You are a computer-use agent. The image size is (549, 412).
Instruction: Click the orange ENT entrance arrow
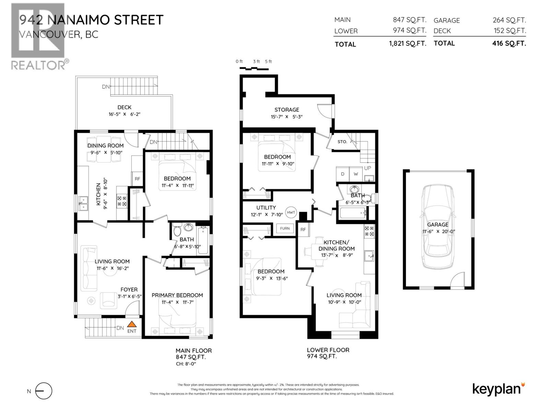coord(132,324)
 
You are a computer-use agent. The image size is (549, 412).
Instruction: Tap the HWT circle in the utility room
coord(291,213)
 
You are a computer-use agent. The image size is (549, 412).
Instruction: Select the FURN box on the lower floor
coord(285,228)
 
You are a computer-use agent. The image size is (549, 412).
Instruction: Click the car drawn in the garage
coord(438,227)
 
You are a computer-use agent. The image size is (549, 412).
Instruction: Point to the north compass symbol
coord(44,391)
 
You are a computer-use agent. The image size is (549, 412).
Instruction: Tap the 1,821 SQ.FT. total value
coord(407,44)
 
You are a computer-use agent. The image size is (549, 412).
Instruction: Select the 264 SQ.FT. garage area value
coord(509,20)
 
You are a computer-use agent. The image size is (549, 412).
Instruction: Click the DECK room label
coord(124,107)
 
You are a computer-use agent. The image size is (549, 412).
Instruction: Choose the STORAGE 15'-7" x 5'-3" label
coord(287,113)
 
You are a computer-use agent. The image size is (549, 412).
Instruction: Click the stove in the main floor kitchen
coord(122,201)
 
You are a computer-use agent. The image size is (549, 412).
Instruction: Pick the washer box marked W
coord(356,174)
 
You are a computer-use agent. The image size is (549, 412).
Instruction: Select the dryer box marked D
coord(342,174)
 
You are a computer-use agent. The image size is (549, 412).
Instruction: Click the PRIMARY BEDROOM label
coord(177,295)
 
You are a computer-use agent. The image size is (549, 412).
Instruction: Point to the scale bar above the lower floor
coord(254,68)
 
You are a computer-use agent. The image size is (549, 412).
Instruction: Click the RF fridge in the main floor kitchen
coord(137,179)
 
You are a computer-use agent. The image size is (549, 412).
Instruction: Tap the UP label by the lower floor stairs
coord(367,168)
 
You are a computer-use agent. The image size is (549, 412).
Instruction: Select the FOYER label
coord(129,290)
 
